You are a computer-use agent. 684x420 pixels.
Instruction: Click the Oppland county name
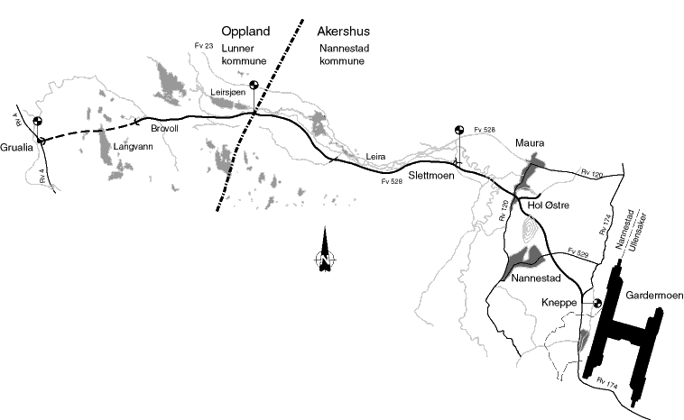pyautogui.click(x=246, y=30)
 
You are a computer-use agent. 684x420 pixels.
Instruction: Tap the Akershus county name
pyautogui.click(x=347, y=30)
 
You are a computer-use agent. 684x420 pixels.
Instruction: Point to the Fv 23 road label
pyautogui.click(x=205, y=44)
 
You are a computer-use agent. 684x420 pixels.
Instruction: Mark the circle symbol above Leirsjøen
pyautogui.click(x=255, y=84)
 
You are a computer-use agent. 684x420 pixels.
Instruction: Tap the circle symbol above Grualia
pyautogui.click(x=37, y=122)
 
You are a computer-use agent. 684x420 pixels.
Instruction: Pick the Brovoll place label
pyautogui.click(x=166, y=129)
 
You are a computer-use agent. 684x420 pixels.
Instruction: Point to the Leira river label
pyautogui.click(x=376, y=157)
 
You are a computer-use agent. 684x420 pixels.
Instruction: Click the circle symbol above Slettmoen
pyautogui.click(x=458, y=131)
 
